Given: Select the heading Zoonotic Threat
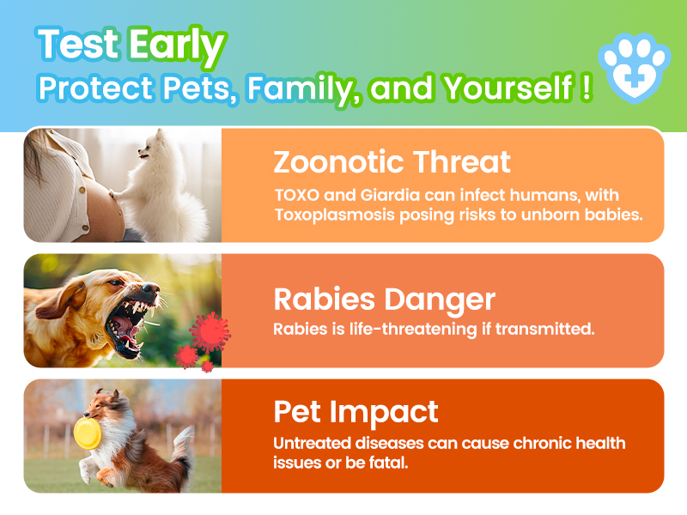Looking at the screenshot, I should [x=392, y=161].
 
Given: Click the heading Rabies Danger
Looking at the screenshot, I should [x=384, y=299].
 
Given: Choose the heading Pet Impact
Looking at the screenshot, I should [x=356, y=412].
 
